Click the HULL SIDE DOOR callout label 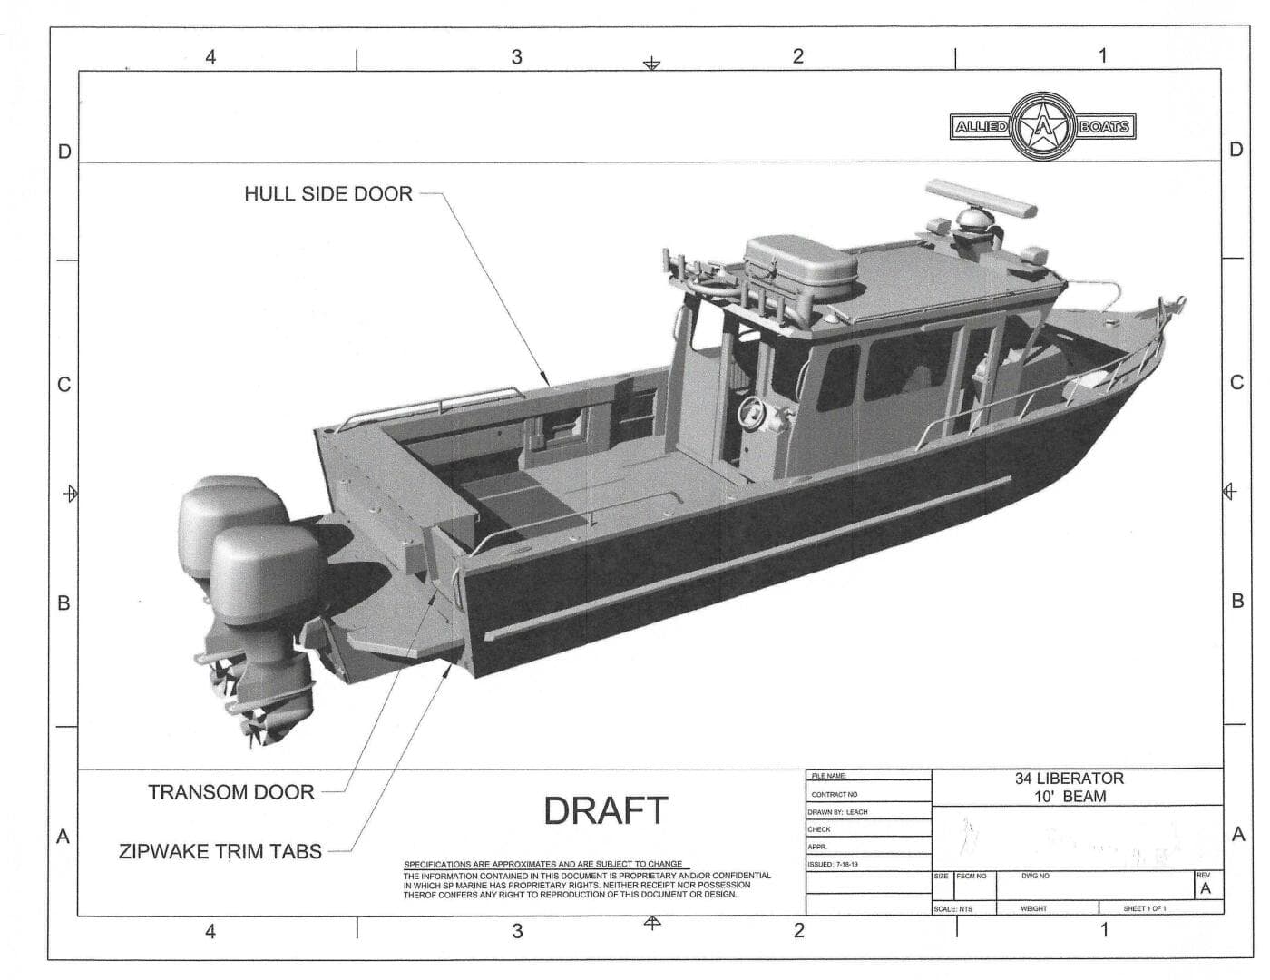(327, 193)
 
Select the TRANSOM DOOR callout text (230, 792)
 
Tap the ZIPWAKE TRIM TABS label (220, 851)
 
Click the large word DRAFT (605, 810)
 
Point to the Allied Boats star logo (1043, 126)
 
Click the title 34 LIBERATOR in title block (1070, 779)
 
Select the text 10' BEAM (1070, 797)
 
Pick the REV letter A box (1205, 888)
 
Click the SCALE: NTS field (952, 908)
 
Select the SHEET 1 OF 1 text (1145, 908)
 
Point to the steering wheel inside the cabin (752, 412)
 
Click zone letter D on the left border (64, 152)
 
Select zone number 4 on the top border (210, 57)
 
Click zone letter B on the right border (1237, 601)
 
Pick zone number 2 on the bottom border (798, 930)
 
